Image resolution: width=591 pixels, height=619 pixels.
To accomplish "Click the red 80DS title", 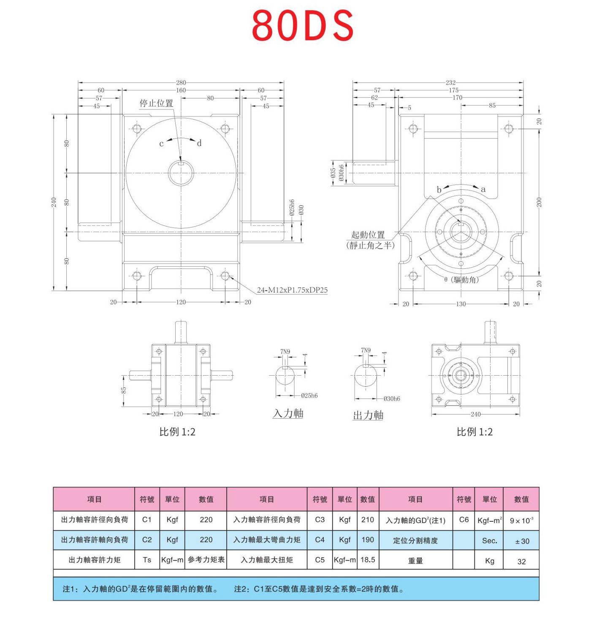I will (x=302, y=25).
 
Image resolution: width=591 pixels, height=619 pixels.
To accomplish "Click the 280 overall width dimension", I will (x=181, y=83).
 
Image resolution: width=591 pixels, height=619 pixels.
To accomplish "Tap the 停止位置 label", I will (x=156, y=104).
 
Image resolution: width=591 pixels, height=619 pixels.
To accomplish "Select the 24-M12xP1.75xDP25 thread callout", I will (x=292, y=290).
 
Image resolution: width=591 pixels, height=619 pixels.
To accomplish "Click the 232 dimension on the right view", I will (x=450, y=83).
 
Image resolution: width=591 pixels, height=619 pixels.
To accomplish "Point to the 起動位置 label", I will (x=368, y=235).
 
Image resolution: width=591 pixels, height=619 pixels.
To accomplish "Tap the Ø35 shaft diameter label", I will (x=333, y=173).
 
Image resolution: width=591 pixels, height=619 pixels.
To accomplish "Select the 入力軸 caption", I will (x=288, y=414).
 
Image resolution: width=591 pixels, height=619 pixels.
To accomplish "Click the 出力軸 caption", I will (x=368, y=415).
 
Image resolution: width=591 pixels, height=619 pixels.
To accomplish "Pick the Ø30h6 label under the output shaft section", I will (x=392, y=398).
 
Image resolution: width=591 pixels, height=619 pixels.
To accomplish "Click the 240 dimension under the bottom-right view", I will (x=475, y=414).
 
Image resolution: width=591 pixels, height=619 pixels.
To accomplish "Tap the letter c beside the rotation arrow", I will (x=161, y=144).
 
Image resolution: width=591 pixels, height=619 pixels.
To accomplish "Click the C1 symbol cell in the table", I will (x=147, y=520).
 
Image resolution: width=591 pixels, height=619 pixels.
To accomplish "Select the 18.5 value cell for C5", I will (x=368, y=560).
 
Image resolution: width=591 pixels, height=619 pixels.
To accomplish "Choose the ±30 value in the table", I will (x=522, y=541).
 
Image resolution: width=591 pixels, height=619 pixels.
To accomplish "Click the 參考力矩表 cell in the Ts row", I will (x=206, y=560).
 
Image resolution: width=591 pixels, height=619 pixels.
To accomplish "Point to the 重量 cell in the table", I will (x=415, y=561).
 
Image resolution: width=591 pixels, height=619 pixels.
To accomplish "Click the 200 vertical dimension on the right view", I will (x=539, y=202).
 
